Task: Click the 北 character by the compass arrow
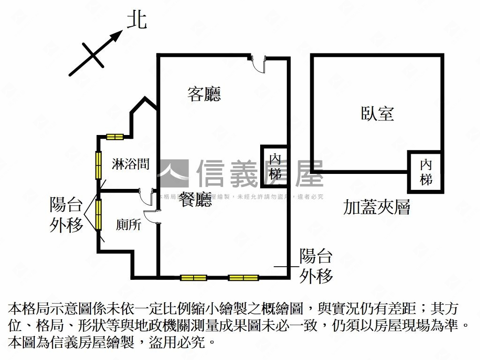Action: [137, 21]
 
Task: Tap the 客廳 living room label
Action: [204, 94]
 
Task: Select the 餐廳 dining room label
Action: [195, 201]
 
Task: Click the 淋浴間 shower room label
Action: [131, 164]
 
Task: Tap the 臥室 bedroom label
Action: [377, 113]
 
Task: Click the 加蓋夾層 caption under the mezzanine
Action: [376, 207]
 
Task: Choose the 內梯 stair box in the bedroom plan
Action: [426, 172]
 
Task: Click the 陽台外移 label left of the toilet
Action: [67, 215]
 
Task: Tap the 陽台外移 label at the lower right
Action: [316, 266]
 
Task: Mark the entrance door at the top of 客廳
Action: [258, 63]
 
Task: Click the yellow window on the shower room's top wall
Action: [115, 137]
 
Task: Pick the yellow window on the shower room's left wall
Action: [99, 165]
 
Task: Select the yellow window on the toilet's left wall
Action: [98, 215]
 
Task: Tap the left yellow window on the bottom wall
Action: [194, 277]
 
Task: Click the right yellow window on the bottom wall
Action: [243, 277]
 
